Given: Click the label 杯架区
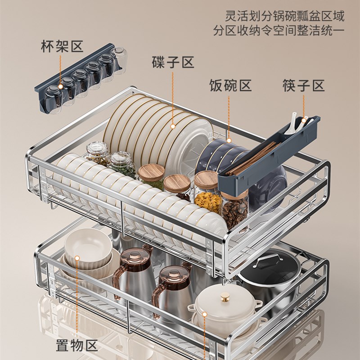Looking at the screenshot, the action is click(62, 46).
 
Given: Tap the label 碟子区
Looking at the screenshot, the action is click(172, 63).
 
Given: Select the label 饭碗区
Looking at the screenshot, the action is click(230, 85).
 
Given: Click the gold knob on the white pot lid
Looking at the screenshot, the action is click(224, 297).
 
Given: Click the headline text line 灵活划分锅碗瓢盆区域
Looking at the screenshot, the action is click(285, 17).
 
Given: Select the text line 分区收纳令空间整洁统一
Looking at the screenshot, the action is click(279, 32).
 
